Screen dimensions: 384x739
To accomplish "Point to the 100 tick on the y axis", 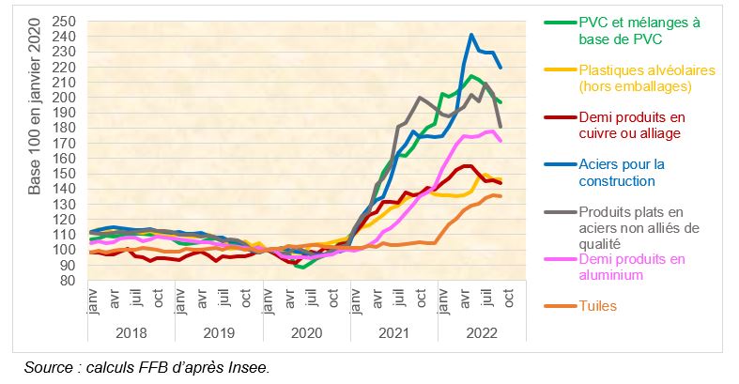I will point(63,250).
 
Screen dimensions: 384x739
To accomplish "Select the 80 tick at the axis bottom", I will point(67,280).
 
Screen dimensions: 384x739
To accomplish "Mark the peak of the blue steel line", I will point(471,35).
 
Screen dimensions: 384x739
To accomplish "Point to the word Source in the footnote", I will point(47,367).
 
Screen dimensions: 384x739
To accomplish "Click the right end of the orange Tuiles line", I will point(500,196).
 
